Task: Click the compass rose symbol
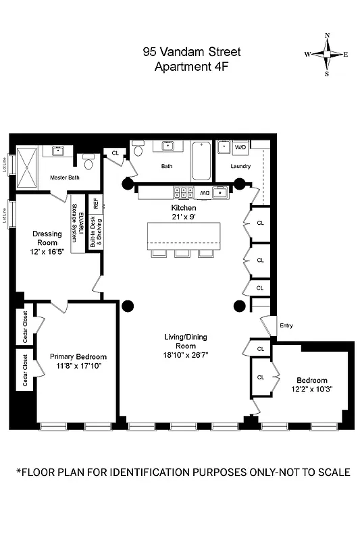tap(327, 55)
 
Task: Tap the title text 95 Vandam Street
tap(191, 51)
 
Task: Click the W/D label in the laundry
tap(240, 146)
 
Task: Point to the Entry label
tap(286, 326)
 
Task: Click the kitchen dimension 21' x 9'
tap(183, 217)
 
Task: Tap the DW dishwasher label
tap(204, 193)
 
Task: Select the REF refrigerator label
tap(96, 202)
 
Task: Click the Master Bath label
tap(65, 178)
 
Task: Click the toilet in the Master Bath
tap(88, 164)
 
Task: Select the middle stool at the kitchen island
tap(183, 253)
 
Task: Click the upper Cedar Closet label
tap(26, 328)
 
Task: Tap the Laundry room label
tap(240, 166)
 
